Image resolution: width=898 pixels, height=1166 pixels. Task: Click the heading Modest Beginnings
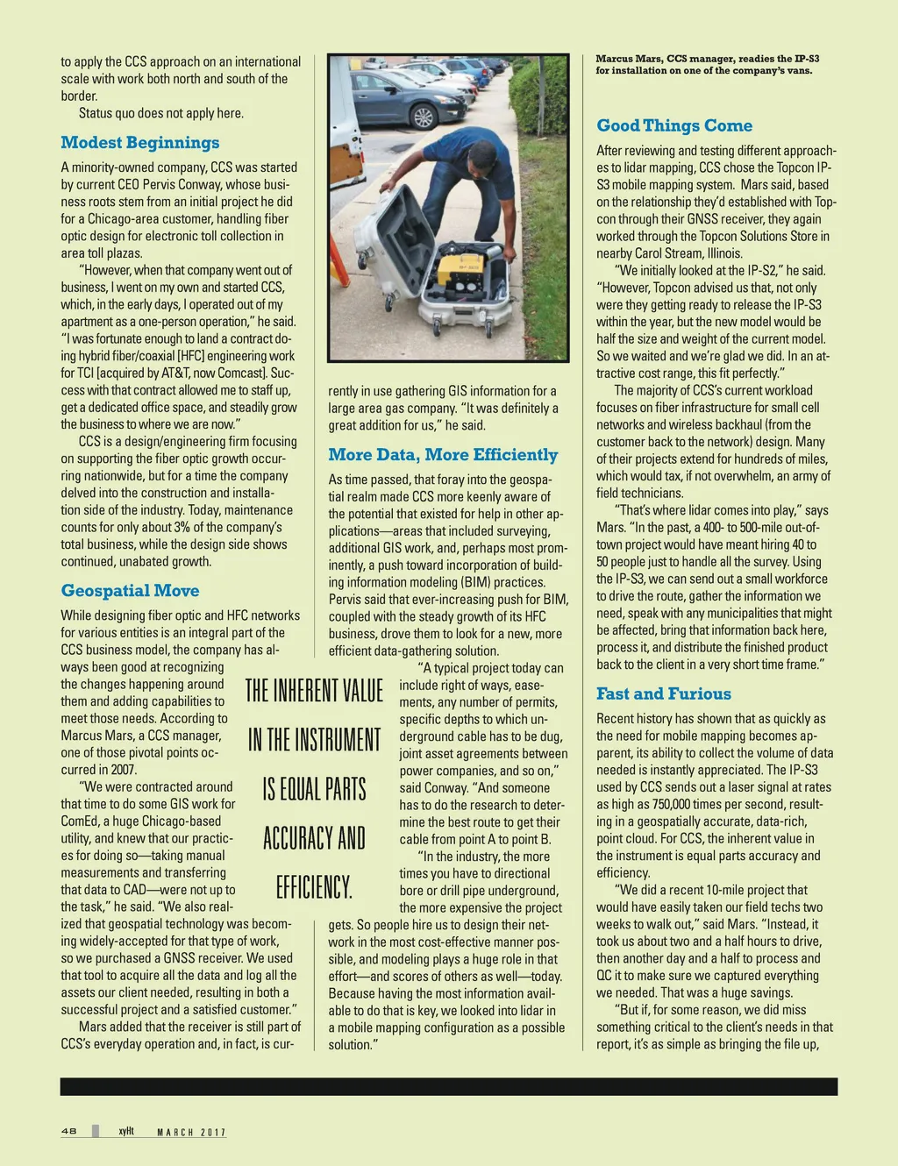coord(140,143)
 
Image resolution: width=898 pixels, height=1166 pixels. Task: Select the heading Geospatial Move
coord(130,591)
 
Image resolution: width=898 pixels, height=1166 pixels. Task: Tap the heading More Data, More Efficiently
coord(443,455)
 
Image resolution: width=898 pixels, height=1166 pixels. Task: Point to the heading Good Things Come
coord(674,126)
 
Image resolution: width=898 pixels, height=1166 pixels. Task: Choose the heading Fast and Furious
coord(664,694)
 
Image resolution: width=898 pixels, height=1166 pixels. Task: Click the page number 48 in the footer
coord(69,1132)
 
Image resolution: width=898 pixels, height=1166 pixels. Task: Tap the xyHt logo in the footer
coord(126,1132)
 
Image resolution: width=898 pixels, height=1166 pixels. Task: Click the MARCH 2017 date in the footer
coord(191,1133)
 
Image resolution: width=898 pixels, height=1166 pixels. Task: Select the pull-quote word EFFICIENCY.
coord(314,887)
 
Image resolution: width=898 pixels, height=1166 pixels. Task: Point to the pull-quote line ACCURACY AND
coord(314,838)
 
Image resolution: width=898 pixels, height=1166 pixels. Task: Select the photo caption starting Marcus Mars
coord(707,65)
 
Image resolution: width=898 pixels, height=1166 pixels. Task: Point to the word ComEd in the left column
coord(81,821)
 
